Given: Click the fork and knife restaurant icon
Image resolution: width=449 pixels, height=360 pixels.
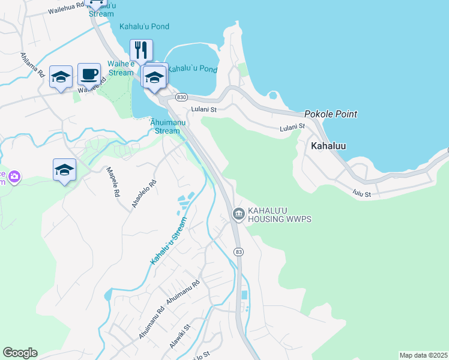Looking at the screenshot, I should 141,50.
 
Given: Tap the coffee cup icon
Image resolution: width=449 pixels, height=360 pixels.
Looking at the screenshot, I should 89,74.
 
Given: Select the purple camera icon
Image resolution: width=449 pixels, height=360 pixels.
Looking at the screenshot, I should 14,177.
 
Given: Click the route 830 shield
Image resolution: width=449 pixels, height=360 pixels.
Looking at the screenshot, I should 182,97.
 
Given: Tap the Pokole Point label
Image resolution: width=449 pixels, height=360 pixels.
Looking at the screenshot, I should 330,114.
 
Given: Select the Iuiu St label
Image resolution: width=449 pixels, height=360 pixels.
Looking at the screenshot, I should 362,194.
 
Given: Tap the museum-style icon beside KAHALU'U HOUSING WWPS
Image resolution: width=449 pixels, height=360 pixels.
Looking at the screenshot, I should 238,214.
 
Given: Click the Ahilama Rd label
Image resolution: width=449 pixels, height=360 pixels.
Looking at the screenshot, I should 33,65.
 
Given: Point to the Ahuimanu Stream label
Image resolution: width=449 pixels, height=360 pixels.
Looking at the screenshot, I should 164,126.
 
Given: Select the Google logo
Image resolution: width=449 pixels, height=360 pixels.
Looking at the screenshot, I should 20,353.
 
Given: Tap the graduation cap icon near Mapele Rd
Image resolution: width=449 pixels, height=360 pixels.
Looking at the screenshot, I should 64,170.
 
